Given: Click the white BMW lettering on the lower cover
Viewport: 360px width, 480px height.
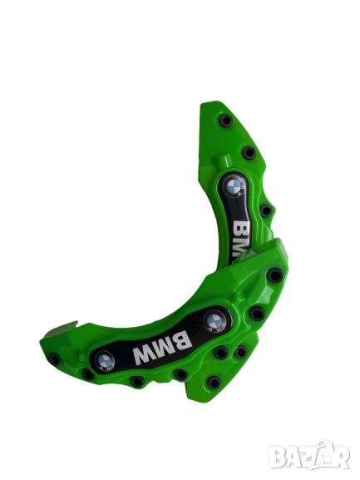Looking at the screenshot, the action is [x=161, y=348].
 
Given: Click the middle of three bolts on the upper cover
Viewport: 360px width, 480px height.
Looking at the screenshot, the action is [x=249, y=152].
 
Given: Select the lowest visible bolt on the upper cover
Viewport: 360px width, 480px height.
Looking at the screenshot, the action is [x=265, y=210].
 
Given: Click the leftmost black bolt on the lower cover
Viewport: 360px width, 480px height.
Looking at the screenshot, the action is [x=55, y=359].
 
